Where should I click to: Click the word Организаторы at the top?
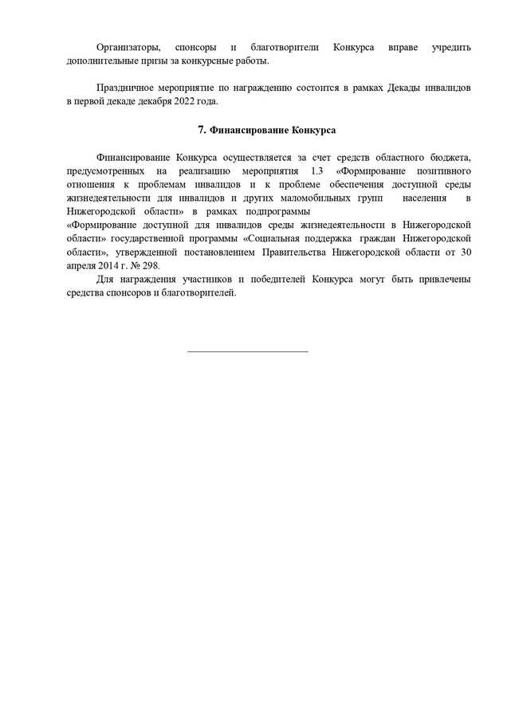click(x=128, y=48)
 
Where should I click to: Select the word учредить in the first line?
click(x=451, y=48)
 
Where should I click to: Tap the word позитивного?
click(x=442, y=171)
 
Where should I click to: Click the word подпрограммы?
click(x=277, y=212)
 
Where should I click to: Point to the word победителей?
click(x=279, y=280)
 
